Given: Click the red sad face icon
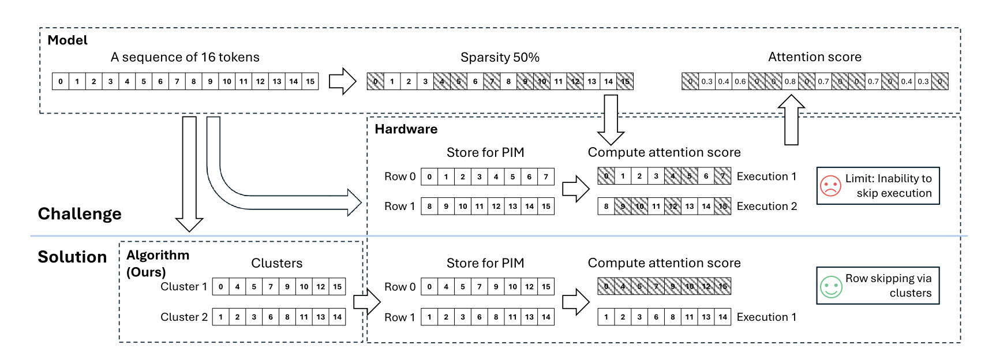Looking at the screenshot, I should point(830,186).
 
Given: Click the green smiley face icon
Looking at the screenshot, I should point(831,287).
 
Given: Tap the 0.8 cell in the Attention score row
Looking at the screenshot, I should point(790,81).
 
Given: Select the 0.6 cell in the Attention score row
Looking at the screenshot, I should point(740,81).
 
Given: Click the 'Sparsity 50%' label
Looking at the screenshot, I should point(500,57).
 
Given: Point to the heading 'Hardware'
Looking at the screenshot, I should point(406,129).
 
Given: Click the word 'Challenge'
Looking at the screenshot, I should point(80,214).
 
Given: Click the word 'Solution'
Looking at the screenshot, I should point(72,257).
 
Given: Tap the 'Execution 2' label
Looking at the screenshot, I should point(766,207).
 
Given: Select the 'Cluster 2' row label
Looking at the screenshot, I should point(184,317).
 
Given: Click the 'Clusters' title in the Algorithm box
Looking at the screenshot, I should point(276,263).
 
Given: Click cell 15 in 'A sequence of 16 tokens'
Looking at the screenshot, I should point(310,81).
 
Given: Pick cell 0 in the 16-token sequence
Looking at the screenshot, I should point(60,81).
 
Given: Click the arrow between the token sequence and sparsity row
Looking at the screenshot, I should point(343,81).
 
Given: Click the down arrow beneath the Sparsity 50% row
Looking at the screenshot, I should point(611,120).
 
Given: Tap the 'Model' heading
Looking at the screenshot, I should point(68,40).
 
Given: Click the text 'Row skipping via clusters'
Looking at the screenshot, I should point(888,286).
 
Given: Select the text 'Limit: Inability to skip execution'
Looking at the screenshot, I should point(888,186).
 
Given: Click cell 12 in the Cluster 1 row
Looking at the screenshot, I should point(321,287).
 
